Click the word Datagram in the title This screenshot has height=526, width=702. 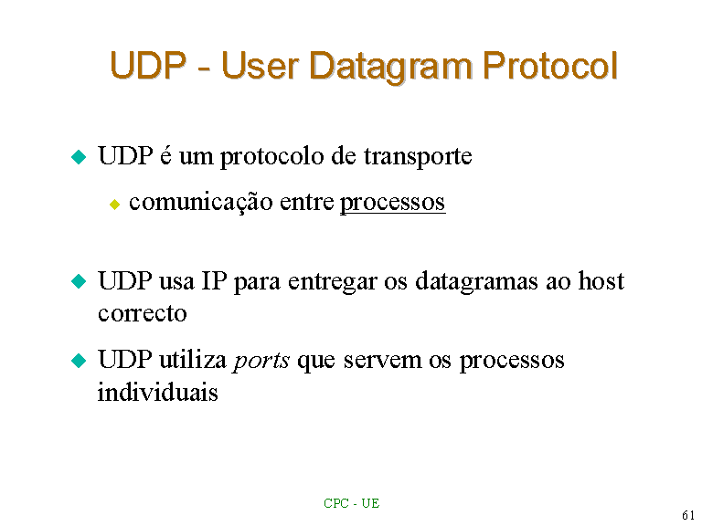point(390,67)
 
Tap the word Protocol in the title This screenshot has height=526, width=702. point(550,66)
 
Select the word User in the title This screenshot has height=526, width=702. point(261,66)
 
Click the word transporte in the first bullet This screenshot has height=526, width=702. point(418,156)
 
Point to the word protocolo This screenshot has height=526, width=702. point(271,157)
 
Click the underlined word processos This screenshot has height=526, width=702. point(393,203)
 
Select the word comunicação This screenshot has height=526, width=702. point(200,202)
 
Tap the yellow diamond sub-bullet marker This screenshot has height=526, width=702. point(114,205)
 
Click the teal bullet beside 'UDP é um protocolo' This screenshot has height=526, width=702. point(79,157)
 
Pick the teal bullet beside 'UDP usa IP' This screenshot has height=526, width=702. point(79,281)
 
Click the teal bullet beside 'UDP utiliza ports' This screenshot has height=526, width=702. point(79,360)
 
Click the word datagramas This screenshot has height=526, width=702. point(477,282)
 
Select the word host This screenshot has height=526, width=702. point(601,281)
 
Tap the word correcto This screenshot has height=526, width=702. point(143,313)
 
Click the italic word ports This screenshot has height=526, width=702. point(261,361)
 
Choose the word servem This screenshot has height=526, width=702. point(382,361)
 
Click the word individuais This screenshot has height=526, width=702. point(158,393)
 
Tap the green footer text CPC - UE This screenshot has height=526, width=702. point(351,504)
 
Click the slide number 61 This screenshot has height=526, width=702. point(688,515)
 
